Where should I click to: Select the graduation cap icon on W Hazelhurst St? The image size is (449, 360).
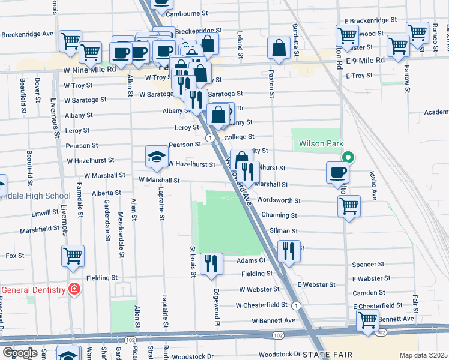157,156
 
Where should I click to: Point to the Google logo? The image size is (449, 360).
20,353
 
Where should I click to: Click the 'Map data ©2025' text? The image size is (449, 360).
423,355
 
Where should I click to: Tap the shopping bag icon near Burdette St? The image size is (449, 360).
280,49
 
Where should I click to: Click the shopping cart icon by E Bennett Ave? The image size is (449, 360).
367,320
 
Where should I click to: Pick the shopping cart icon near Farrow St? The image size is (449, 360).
397,46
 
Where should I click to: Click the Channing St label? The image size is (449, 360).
277,215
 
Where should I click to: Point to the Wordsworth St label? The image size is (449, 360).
277,200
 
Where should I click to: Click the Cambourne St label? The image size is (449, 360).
187,13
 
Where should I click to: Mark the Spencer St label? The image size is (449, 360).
368,264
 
